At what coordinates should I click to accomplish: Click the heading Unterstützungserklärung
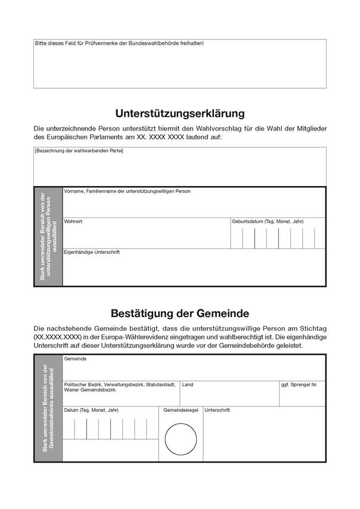(x=179, y=113)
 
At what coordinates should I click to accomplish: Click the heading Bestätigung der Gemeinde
(x=179, y=313)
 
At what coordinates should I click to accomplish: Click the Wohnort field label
(x=73, y=222)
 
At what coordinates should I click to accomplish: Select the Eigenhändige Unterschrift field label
(x=92, y=252)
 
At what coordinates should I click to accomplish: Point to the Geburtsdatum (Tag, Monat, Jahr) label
(x=268, y=222)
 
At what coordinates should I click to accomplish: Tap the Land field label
(x=188, y=385)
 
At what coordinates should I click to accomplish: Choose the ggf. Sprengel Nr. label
(x=299, y=385)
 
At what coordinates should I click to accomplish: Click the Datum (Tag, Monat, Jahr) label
(x=91, y=410)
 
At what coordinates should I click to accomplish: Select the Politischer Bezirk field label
(x=119, y=385)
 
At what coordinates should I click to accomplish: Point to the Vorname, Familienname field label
(x=127, y=191)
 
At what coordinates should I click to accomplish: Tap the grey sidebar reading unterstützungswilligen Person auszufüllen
(x=48, y=237)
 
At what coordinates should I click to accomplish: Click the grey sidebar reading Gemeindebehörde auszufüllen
(x=48, y=407)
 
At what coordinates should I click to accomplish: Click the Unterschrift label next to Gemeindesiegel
(x=217, y=410)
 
